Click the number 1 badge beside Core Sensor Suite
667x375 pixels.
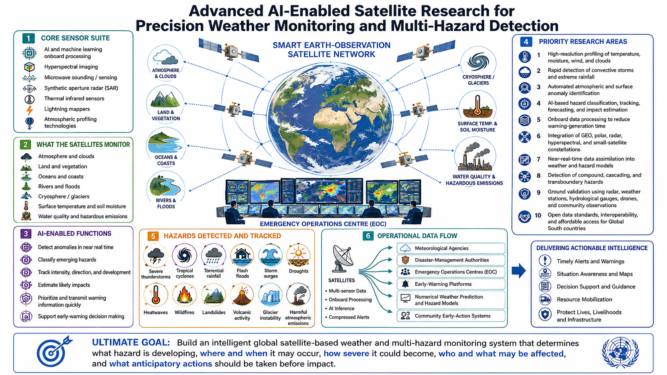point(28,38)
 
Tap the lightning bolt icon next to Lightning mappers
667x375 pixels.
point(30,110)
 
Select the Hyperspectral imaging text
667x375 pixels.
point(71,67)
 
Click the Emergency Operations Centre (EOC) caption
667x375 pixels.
point(323,224)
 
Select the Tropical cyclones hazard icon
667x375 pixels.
point(184,255)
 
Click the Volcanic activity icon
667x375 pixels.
point(242,295)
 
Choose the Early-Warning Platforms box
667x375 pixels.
point(451,284)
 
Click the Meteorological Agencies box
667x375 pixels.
point(451,248)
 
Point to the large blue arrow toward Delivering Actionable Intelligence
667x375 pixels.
point(519,271)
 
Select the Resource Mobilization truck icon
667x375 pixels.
point(545,299)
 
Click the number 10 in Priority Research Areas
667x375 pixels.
point(538,215)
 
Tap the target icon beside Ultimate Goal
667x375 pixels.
point(54,351)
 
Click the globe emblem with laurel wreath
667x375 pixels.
point(621,353)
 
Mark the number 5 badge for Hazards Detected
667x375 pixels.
point(153,236)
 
